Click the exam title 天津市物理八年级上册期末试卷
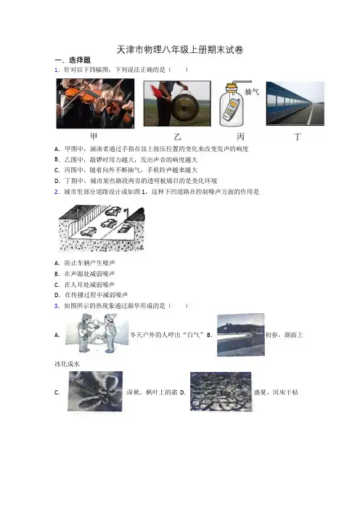coord(180,49)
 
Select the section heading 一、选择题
coord(73,60)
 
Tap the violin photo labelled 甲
coord(95,103)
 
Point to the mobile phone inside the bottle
coord(232,109)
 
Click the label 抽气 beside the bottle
coord(251,92)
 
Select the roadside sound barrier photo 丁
coord(295,103)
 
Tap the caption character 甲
coord(94,137)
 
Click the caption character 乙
coord(177,137)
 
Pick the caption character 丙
coord(240,137)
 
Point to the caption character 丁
coord(298,137)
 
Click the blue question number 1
coord(57,70)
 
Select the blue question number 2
coord(57,192)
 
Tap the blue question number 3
coord(57,306)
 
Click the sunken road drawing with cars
coord(102,228)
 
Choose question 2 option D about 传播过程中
coord(91,295)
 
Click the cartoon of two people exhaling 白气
coord(97,333)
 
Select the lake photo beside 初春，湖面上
coord(241,335)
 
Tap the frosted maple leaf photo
coord(95,392)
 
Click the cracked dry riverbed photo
coord(221,392)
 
